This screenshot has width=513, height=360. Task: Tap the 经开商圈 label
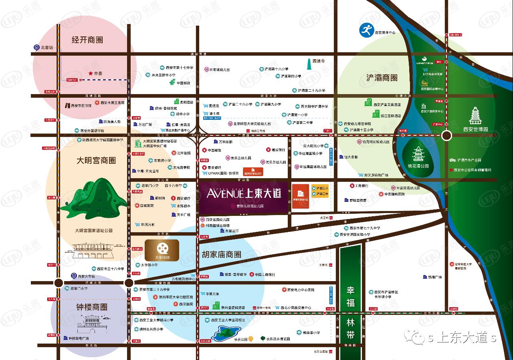tap(87, 40)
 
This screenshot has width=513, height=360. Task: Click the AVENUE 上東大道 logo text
tap(244, 194)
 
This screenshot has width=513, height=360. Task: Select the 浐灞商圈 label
tap(382, 78)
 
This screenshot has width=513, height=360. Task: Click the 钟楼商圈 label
tap(92, 307)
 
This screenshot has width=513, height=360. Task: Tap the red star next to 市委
tap(90, 74)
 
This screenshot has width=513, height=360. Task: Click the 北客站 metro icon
tap(37, 47)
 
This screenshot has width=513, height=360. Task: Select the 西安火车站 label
tap(86, 276)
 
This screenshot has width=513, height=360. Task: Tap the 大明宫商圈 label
tap(96, 161)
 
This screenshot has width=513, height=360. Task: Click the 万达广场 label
tap(145, 125)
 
